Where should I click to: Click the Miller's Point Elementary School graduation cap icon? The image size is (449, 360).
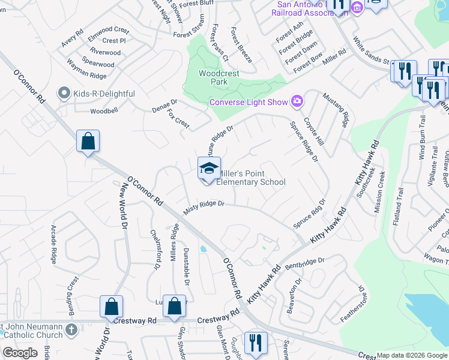[209, 168]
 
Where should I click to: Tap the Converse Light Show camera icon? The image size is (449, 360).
[297, 101]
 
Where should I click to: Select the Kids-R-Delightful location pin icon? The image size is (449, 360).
[64, 94]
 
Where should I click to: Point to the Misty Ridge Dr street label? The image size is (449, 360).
[203, 208]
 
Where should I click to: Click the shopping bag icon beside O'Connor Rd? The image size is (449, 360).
[88, 142]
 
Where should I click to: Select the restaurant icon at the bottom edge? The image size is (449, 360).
[256, 343]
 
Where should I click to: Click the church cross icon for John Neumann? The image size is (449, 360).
[71, 329]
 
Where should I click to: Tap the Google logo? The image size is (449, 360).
[20, 353]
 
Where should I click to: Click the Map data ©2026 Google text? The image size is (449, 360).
[412, 355]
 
